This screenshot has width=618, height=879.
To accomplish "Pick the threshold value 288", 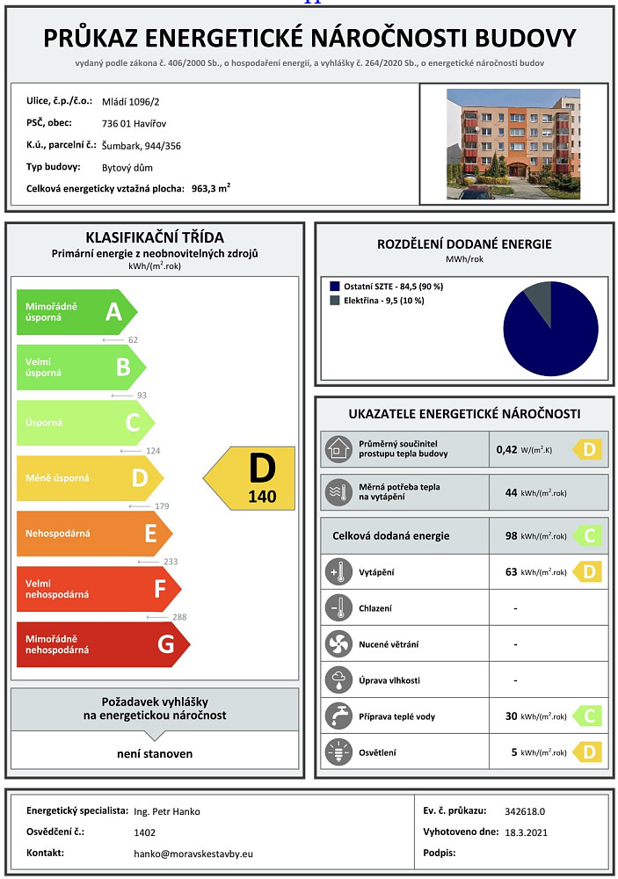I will (x=178, y=617).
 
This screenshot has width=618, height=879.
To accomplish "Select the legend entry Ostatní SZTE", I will (x=386, y=286).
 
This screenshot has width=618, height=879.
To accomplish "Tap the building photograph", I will (x=513, y=143).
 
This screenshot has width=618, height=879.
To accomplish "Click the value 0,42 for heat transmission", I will (x=506, y=449).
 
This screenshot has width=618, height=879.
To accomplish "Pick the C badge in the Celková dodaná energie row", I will (x=585, y=535).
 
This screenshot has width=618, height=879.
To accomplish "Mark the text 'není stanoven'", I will (x=155, y=753).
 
